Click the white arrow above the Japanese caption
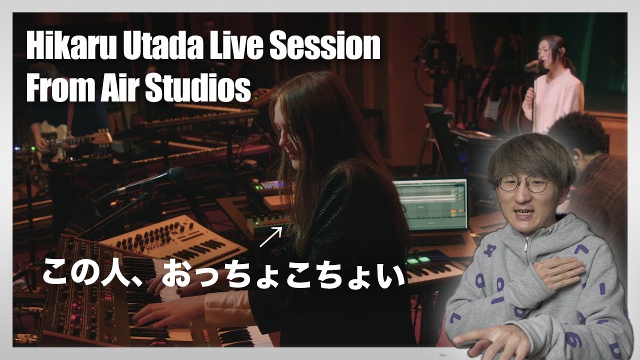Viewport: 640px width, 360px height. pos(270,237)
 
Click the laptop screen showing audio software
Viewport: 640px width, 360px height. pos(431,204)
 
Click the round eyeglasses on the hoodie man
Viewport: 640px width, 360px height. pos(523,183)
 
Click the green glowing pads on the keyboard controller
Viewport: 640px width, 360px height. pos(418,260)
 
